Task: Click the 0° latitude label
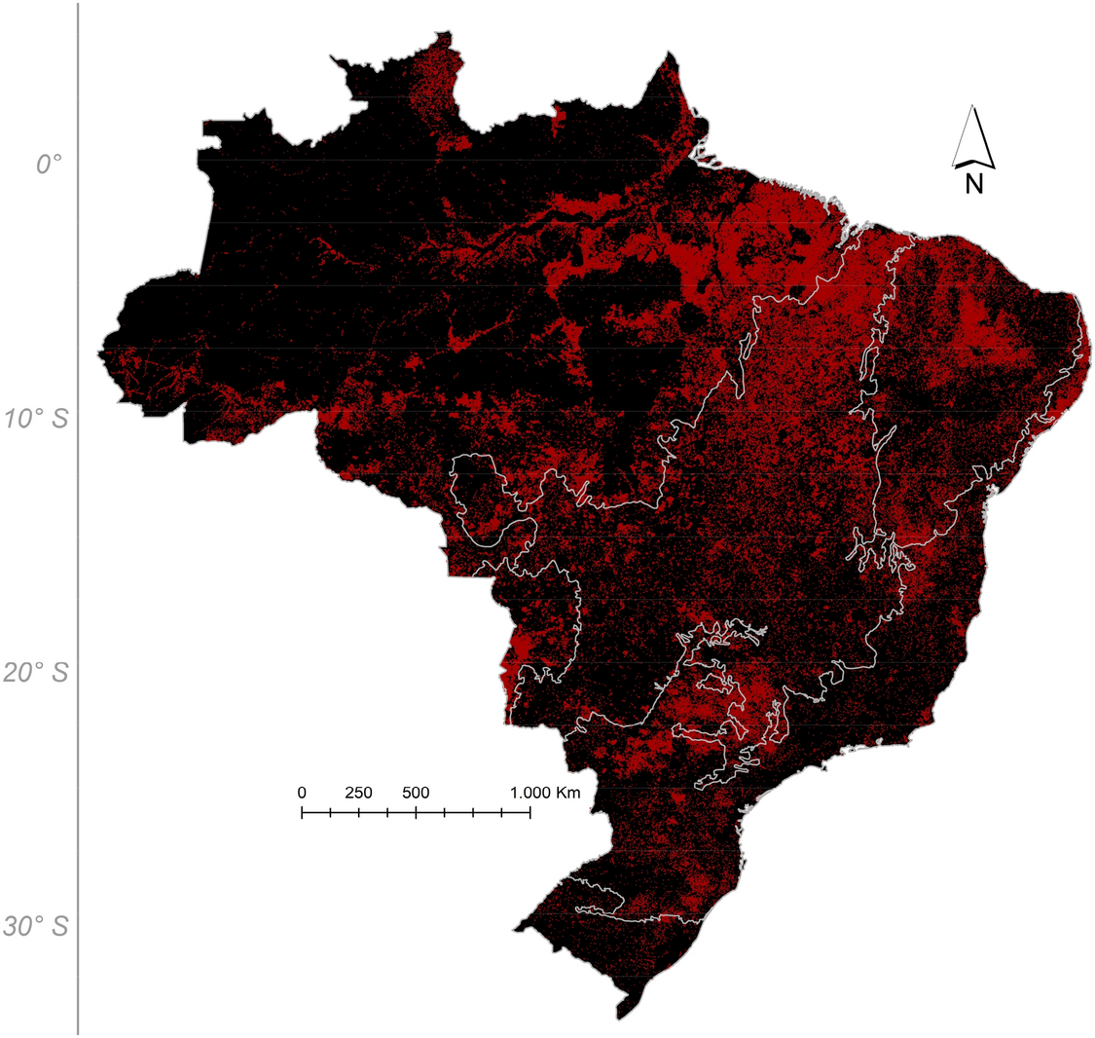[49, 165]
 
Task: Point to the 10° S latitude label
[36, 420]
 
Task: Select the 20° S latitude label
[36, 673]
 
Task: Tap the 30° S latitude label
[36, 926]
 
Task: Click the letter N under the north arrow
[973, 183]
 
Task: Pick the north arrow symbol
[973, 136]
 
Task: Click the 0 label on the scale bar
[302, 793]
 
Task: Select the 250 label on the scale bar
[358, 793]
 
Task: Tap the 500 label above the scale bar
[416, 793]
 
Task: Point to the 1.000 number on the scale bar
[530, 793]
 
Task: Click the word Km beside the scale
[568, 793]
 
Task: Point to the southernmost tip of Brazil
[618, 1019]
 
